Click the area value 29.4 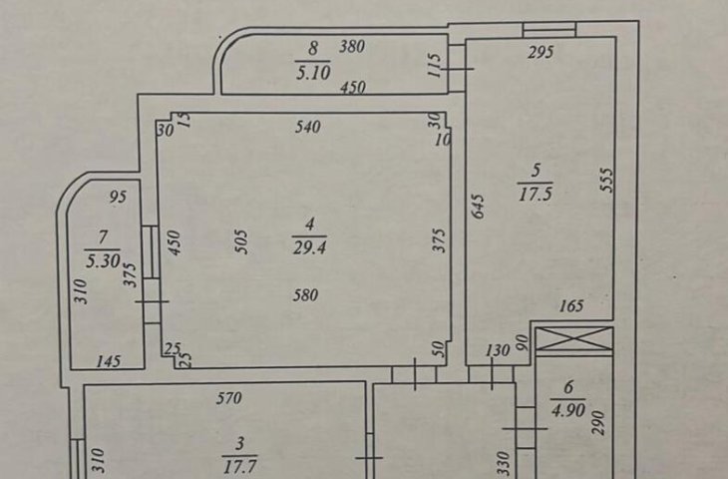(310, 247)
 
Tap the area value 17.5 (536, 194)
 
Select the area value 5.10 (313, 73)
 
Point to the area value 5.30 (103, 260)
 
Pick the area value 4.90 (568, 410)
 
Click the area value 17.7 (239, 466)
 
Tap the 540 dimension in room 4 (308, 127)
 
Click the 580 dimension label (305, 295)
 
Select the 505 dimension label (242, 241)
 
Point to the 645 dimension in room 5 (478, 207)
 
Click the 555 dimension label (606, 181)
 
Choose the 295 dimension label (541, 52)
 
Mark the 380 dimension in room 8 (352, 46)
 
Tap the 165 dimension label (571, 305)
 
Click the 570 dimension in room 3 (229, 398)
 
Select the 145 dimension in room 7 (108, 361)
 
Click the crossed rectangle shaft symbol (574, 338)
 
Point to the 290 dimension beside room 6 (599, 423)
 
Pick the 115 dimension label (433, 66)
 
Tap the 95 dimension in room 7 (118, 197)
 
